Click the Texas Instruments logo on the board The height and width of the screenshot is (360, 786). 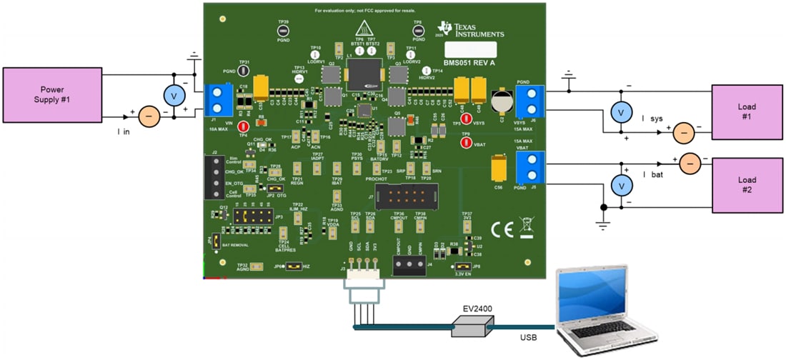[x=472, y=30]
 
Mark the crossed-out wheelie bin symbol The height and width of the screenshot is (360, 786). [x=527, y=227]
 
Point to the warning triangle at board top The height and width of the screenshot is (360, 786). [x=365, y=29]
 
